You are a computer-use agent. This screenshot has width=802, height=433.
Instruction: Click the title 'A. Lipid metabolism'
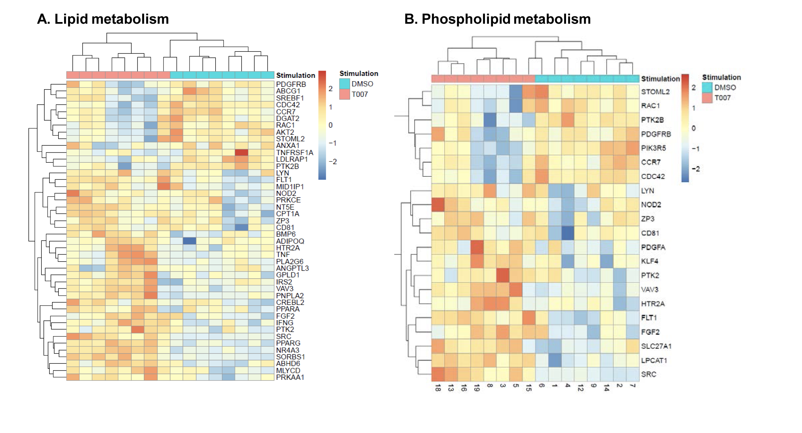(x=103, y=19)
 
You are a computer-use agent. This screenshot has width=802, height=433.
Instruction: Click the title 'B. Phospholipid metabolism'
(x=497, y=19)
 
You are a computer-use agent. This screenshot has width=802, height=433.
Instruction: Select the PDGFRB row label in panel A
(x=291, y=84)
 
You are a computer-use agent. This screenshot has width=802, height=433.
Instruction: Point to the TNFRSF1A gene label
(x=294, y=153)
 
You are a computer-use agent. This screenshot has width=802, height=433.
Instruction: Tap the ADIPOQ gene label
(x=290, y=241)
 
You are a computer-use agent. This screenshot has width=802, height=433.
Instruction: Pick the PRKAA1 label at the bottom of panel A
(x=290, y=377)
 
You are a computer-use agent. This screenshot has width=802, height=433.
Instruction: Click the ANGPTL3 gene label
(x=292, y=268)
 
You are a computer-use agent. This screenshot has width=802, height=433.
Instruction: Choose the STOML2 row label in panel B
(x=655, y=92)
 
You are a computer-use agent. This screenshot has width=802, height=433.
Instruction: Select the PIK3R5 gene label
(x=653, y=148)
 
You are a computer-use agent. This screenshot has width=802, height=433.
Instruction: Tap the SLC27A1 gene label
(x=656, y=346)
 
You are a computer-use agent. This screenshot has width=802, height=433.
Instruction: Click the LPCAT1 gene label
(x=654, y=360)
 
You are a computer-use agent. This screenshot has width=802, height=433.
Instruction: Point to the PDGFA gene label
(x=653, y=247)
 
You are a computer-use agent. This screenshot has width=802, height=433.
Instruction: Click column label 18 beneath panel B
(x=438, y=388)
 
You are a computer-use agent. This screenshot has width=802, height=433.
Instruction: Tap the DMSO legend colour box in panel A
(x=344, y=84)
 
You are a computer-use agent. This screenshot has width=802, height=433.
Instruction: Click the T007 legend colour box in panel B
(x=707, y=98)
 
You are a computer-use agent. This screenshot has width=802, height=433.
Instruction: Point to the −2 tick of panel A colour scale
(x=333, y=162)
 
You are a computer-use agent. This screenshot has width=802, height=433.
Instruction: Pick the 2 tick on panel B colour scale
(x=694, y=88)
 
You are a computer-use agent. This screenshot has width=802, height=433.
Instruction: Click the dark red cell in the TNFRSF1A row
(x=241, y=152)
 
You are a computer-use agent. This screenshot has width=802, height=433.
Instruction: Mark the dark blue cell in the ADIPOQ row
(x=189, y=241)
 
